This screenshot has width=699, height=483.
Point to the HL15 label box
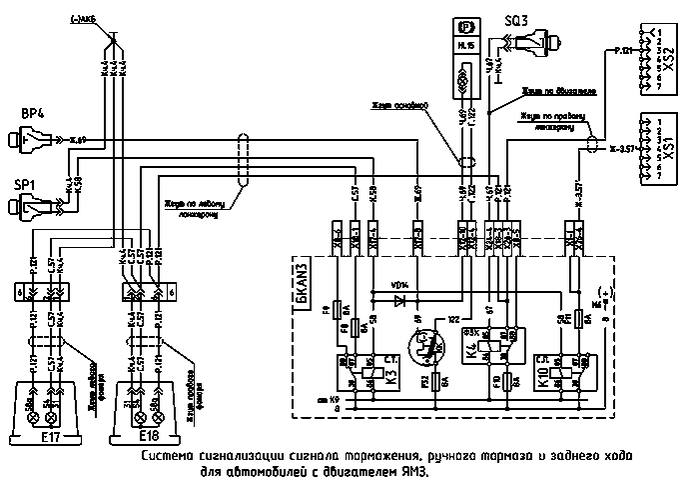point(464,46)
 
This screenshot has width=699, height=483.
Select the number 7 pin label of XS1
point(660,177)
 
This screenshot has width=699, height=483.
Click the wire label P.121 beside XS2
point(621,49)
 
